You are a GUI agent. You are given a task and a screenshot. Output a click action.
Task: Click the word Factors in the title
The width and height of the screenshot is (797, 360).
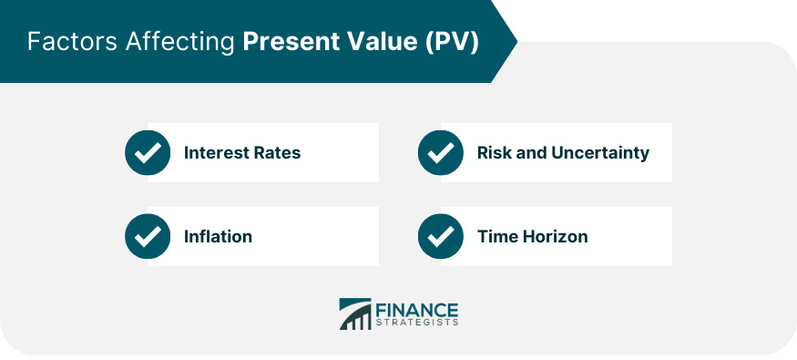click(73, 42)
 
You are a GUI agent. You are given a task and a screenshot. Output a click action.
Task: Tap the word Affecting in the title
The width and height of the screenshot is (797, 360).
click(180, 43)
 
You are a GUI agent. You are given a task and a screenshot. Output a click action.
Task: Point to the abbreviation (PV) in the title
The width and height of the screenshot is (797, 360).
click(452, 42)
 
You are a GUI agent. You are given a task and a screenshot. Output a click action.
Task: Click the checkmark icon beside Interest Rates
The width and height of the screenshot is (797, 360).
click(148, 152)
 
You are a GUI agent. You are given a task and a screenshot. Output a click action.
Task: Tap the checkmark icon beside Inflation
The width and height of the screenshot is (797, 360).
click(148, 236)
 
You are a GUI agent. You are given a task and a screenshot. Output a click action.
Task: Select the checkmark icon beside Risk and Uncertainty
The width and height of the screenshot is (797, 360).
click(441, 152)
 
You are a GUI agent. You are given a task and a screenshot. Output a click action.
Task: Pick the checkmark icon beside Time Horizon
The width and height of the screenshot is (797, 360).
click(441, 236)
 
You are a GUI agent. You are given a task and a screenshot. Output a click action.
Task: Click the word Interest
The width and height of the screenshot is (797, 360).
click(213, 152)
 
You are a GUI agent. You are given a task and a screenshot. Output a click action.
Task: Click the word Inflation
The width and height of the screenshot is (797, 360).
click(218, 236)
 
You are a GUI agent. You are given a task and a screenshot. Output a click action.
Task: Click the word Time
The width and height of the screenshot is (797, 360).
click(496, 236)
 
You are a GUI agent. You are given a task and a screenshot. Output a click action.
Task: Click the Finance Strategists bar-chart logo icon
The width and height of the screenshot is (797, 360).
click(355, 314)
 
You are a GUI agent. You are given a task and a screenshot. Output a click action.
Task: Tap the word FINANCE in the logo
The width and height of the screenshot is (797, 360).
click(417, 310)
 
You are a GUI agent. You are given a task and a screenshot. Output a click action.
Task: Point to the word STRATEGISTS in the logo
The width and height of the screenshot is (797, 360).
click(417, 323)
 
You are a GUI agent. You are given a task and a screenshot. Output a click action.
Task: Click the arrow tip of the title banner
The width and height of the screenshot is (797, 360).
click(517, 41)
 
